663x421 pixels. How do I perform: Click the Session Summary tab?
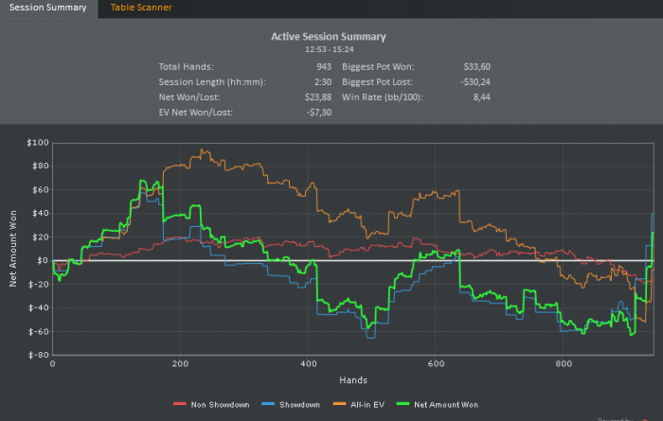pos(47,8)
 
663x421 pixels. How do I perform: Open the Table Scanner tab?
pos(141,8)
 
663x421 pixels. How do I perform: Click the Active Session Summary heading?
pos(329,37)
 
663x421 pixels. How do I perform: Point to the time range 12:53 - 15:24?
pos(329,48)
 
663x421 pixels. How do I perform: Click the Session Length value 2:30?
pos(322,82)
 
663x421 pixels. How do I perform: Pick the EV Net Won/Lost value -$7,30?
pos(317,113)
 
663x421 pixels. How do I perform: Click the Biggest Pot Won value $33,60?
pos(476,67)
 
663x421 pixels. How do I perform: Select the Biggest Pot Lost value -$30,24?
pos(475,82)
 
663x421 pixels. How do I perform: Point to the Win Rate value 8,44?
pos(480,97)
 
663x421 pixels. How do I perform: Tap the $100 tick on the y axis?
pos(38,143)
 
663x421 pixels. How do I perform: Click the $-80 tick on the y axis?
pos(38,356)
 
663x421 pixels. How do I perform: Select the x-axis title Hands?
pos(352,380)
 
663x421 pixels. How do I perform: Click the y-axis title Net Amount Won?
pos(14,250)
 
